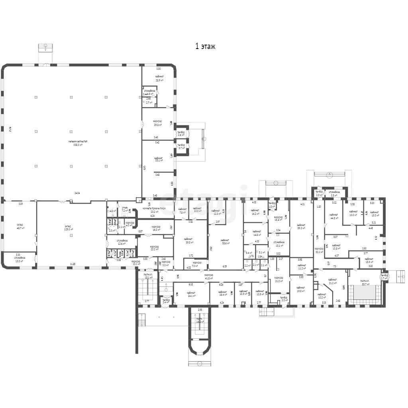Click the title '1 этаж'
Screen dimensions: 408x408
tap(205, 47)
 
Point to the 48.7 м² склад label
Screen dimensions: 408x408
tap(19, 228)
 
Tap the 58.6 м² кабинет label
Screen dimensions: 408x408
tap(225, 242)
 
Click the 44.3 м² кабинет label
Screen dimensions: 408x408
tap(334, 217)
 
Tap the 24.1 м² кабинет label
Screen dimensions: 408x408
tap(192, 295)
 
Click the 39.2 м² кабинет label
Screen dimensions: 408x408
tap(301, 227)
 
